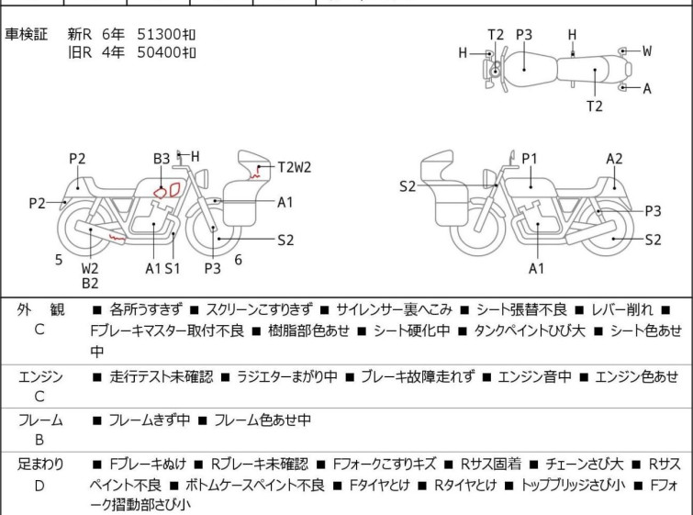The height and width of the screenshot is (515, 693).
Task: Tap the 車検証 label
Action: point(26,34)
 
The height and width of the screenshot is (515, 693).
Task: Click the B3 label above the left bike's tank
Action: point(162,159)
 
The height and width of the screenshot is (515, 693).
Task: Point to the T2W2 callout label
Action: point(295,167)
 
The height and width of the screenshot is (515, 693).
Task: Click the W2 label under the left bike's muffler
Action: point(90,268)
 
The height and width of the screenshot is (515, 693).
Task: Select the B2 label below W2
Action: point(90,284)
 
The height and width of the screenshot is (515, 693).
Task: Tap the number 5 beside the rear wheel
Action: point(59,260)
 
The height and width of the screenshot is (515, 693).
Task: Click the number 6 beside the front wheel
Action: point(239,260)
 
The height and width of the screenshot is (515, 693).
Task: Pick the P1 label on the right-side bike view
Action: point(530,159)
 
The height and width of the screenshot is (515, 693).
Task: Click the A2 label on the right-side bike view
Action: point(614,159)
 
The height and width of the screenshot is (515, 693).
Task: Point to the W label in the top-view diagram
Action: point(647,50)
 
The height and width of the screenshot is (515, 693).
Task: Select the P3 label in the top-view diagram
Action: point(524,35)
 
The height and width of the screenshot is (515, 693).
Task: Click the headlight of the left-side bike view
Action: point(203,178)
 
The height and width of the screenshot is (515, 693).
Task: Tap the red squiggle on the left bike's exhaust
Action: point(117,238)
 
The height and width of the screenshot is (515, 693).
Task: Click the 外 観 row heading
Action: point(40,309)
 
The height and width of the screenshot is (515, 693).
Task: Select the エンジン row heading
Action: point(40,376)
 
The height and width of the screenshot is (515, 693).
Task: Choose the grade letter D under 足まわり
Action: point(39,486)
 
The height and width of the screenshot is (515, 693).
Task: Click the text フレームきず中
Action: point(150,420)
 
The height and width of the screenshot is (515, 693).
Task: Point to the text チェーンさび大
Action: point(585,465)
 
